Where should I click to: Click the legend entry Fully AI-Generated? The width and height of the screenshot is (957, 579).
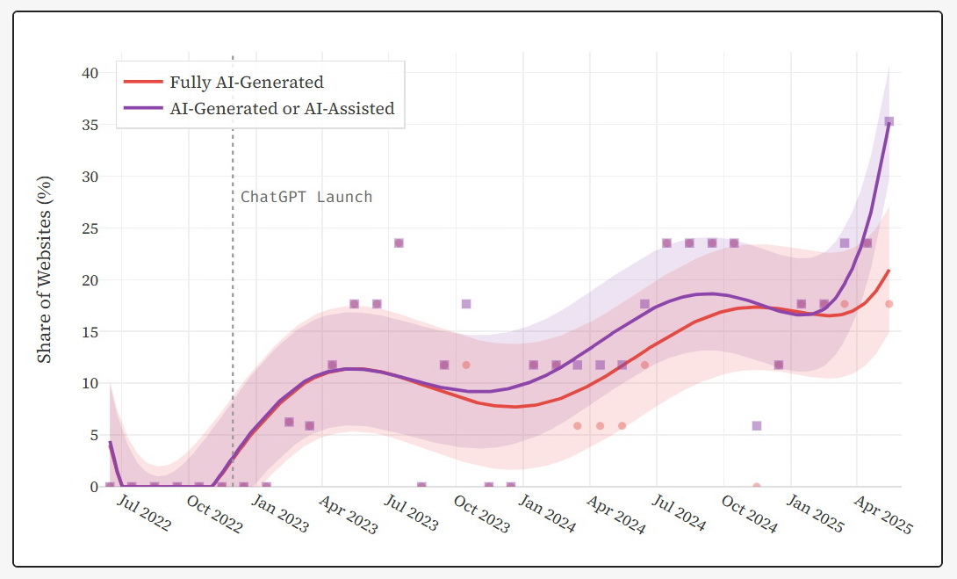(x=247, y=83)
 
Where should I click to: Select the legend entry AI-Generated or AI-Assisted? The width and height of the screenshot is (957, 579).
(x=282, y=109)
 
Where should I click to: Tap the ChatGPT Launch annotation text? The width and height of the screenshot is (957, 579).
(x=306, y=197)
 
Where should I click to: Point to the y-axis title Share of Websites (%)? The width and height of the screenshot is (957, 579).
(x=46, y=270)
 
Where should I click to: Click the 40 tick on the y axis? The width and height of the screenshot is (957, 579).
(x=90, y=73)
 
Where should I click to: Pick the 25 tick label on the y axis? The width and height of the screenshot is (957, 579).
(x=90, y=228)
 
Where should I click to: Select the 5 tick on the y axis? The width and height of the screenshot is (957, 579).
(x=94, y=435)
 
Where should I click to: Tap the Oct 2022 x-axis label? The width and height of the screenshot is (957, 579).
(x=214, y=514)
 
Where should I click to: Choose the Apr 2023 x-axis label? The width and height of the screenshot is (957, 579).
(x=349, y=514)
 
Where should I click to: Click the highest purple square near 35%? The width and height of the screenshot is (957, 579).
(x=889, y=122)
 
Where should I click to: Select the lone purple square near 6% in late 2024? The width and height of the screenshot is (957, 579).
(x=757, y=425)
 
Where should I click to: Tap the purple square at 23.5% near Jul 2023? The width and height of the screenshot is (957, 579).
(x=399, y=243)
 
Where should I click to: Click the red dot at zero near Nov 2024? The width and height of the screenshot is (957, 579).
(x=757, y=486)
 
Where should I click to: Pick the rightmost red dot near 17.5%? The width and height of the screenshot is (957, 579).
(x=889, y=304)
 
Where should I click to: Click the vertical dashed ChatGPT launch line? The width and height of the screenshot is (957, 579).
(x=233, y=351)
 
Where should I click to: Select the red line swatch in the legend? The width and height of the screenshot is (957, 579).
(x=143, y=83)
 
